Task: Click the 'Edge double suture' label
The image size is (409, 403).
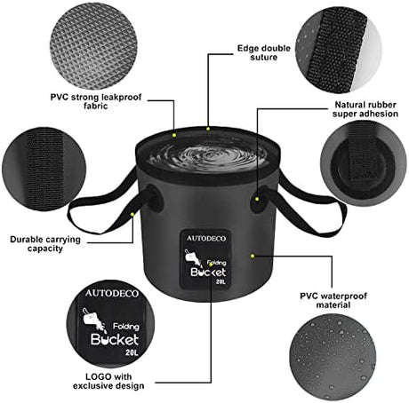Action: tap(263, 52)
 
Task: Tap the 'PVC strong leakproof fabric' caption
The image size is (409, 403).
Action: tap(96, 101)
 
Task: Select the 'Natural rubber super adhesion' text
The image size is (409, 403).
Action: tap(365, 109)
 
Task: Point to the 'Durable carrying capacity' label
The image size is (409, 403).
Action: tap(45, 244)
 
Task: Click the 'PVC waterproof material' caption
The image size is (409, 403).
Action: tap(333, 300)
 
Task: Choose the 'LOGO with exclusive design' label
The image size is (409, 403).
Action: tap(108, 381)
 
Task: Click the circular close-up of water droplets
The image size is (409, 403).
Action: tap(333, 357)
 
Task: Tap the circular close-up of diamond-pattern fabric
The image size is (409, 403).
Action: tap(93, 46)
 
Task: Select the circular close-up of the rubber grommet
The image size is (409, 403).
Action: tap(364, 163)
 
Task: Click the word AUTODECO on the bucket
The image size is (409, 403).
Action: tap(206, 239)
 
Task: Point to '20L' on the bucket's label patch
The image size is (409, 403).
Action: tap(221, 281)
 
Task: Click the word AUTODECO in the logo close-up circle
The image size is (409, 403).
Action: tap(112, 293)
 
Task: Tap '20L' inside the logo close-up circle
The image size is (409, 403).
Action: tap(132, 352)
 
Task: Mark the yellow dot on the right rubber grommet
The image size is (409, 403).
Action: tap(257, 199)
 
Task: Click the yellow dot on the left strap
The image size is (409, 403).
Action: tap(132, 214)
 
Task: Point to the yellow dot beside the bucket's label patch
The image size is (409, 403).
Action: tap(253, 256)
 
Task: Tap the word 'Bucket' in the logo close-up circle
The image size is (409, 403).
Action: tap(115, 339)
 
